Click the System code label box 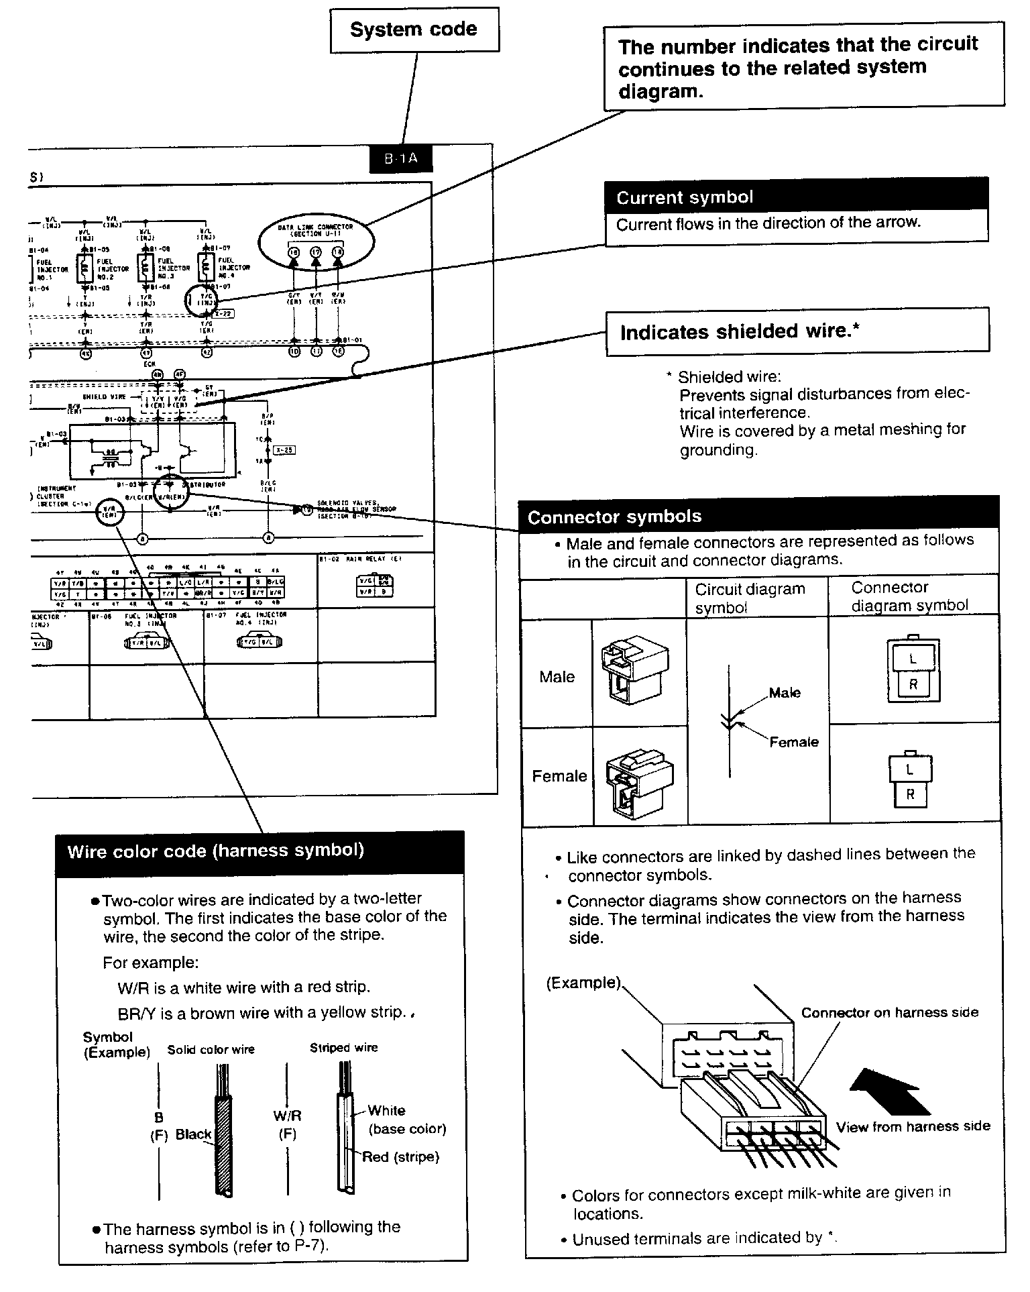point(414,30)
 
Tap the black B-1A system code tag point(401,159)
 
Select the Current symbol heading point(685,197)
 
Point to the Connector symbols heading point(614,517)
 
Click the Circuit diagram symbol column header point(749,598)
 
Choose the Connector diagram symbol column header point(909,596)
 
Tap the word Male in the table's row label point(557,677)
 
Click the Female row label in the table point(559,776)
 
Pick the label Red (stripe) point(400,1156)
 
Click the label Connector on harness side point(889,1012)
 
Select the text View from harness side point(913,1126)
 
